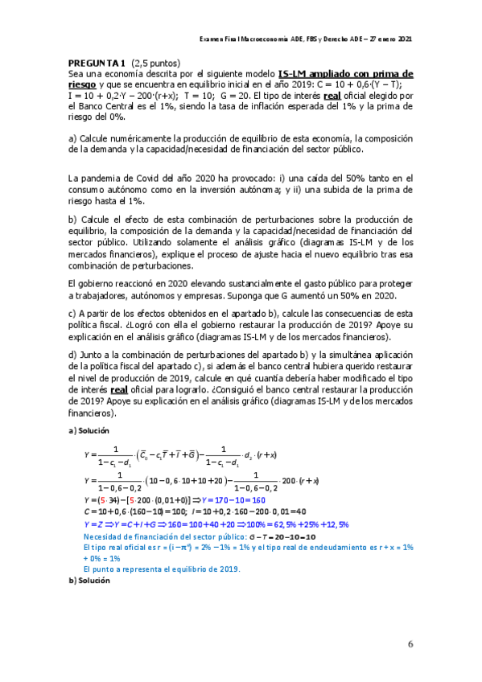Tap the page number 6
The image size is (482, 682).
[x=410, y=643]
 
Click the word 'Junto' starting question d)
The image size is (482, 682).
[x=91, y=355]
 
